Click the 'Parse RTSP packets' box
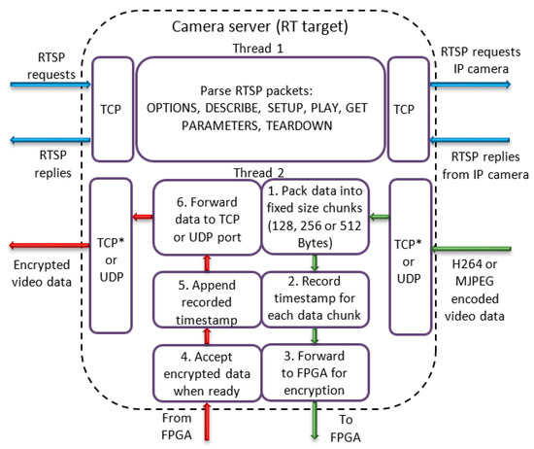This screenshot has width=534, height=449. click(x=260, y=109)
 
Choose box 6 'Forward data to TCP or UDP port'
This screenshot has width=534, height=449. click(x=205, y=216)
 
